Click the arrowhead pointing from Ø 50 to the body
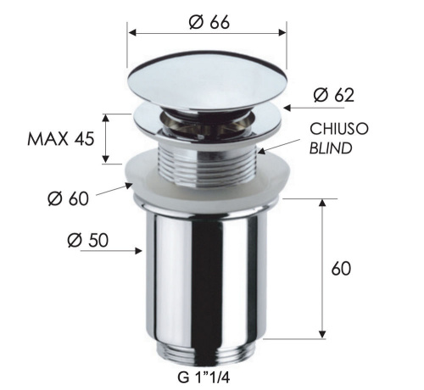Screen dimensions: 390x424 138,250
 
